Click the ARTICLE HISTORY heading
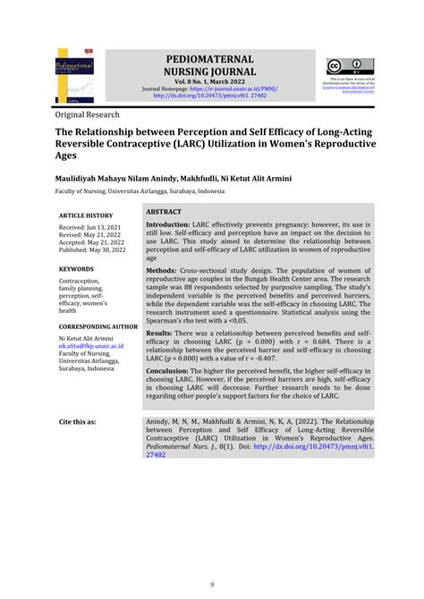pyautogui.click(x=86, y=215)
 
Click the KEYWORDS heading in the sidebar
pyautogui.click(x=79, y=267)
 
